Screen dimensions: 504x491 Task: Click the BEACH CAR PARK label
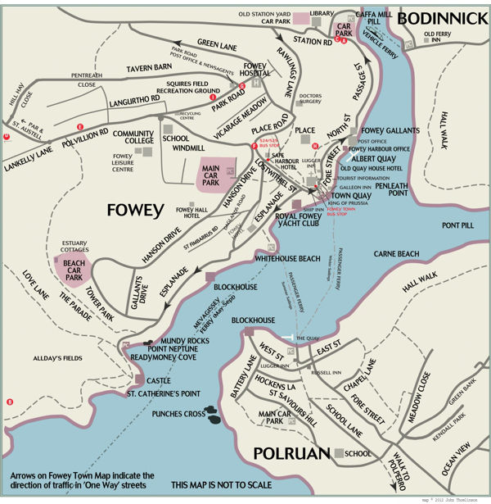[73, 270]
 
